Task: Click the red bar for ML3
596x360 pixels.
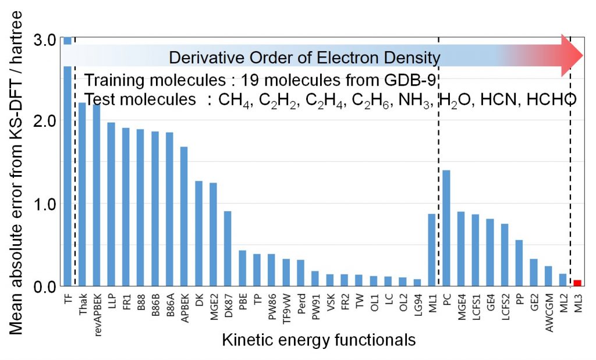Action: (577, 283)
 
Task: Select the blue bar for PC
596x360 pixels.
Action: (446, 228)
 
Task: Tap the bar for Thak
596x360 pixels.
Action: (82, 194)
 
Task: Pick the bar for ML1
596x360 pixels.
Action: (432, 250)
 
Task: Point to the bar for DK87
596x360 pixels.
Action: (228, 248)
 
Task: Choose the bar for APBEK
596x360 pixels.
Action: (184, 216)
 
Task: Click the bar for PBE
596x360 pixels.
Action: (242, 268)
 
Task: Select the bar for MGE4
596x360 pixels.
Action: (461, 249)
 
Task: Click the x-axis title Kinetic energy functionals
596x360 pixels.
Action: (318, 340)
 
